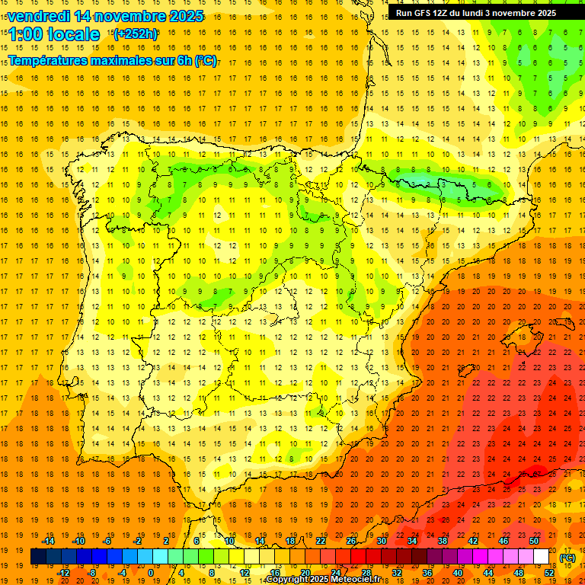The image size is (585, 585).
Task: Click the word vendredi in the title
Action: [39, 15]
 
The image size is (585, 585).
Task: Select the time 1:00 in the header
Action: [25, 34]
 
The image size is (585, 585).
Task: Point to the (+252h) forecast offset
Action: [135, 34]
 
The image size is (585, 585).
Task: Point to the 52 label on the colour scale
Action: [549, 573]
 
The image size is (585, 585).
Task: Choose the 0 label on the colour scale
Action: [150, 573]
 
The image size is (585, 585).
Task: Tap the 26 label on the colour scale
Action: [351, 541]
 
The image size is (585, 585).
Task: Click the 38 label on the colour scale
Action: [443, 541]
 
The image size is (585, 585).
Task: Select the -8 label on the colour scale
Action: [92, 573]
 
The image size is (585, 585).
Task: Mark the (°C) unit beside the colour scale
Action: [567, 558]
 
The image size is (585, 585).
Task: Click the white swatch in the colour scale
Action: [542, 557]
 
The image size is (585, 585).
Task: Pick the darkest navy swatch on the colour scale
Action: [38, 557]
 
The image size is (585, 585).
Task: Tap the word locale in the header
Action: [72, 34]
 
